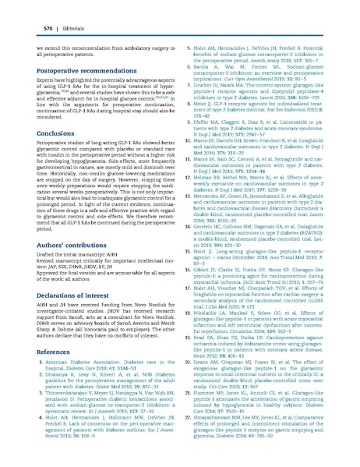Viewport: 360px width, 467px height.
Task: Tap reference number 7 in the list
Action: [x=192, y=80]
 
